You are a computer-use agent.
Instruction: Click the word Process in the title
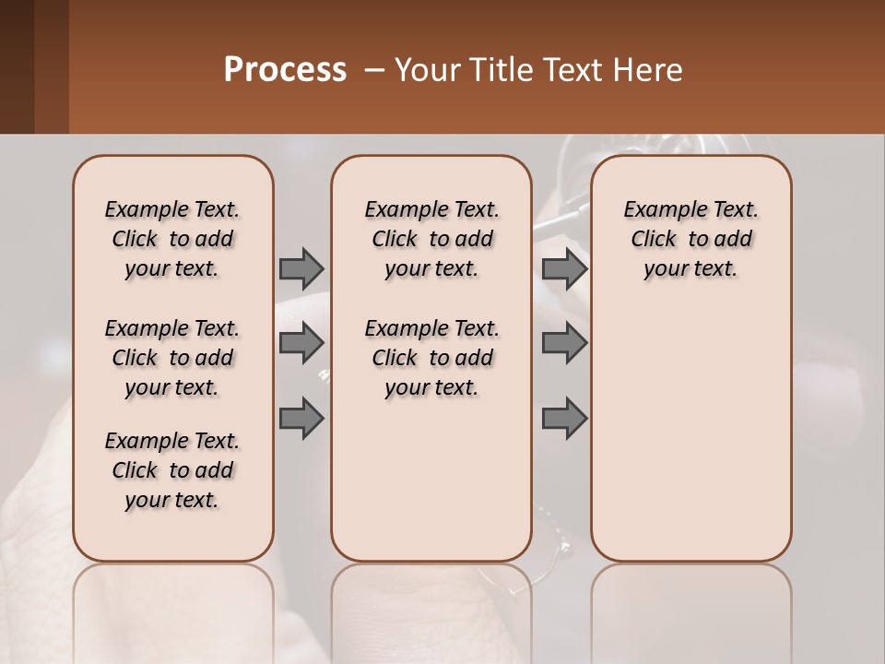(x=285, y=69)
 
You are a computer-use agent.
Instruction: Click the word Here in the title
(x=650, y=69)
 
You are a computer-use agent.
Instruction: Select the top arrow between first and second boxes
(x=301, y=268)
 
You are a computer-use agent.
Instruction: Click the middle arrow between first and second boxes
(x=301, y=343)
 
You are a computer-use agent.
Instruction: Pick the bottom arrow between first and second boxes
(x=301, y=419)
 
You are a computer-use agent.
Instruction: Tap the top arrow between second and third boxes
(x=564, y=268)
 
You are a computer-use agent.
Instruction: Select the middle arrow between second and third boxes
(x=564, y=343)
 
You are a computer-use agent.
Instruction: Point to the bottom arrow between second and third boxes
(x=564, y=419)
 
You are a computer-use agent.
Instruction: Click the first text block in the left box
(x=172, y=239)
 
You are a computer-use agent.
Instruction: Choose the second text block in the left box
(x=172, y=358)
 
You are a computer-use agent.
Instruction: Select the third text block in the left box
(x=172, y=470)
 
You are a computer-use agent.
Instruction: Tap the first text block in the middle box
(x=431, y=239)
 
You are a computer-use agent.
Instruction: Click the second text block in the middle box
(x=431, y=358)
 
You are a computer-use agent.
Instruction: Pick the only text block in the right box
(x=690, y=239)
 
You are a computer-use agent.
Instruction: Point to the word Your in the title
(x=426, y=69)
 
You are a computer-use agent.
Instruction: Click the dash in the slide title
(x=374, y=69)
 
